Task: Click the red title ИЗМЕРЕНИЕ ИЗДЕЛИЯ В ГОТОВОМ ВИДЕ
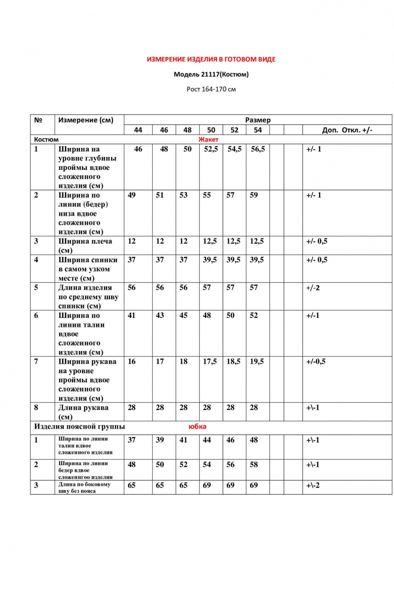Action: pyautogui.click(x=211, y=60)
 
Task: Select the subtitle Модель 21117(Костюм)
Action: pyautogui.click(x=211, y=74)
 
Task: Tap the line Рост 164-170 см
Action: pyautogui.click(x=211, y=89)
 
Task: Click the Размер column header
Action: pyautogui.click(x=257, y=120)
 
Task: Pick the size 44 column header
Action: pyautogui.click(x=138, y=130)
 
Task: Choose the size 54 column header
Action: pyautogui.click(x=257, y=130)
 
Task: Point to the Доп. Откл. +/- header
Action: pyautogui.click(x=347, y=130)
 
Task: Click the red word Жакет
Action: pyautogui.click(x=208, y=139)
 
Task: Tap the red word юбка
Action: pyautogui.click(x=197, y=426)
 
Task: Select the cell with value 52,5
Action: pyautogui.click(x=211, y=149)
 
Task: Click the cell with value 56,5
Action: pyautogui.click(x=257, y=149)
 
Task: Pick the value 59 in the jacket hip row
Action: pyautogui.click(x=254, y=195)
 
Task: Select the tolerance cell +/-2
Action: pyautogui.click(x=313, y=287)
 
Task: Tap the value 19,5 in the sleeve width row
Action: pyautogui.click(x=257, y=361)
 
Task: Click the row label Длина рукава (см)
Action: pyautogui.click(x=84, y=412)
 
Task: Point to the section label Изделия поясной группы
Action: pyautogui.click(x=79, y=426)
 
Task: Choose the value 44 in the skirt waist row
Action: pyautogui.click(x=207, y=440)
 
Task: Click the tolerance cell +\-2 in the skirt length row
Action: pyautogui.click(x=313, y=485)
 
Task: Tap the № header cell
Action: pyautogui.click(x=39, y=120)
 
